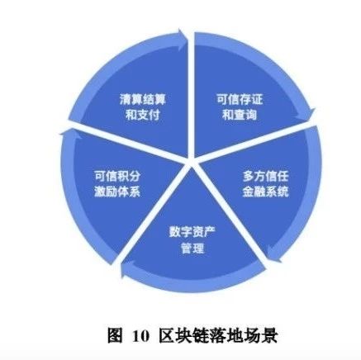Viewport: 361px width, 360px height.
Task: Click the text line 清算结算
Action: [x=142, y=99]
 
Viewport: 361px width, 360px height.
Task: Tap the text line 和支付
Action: [x=142, y=115]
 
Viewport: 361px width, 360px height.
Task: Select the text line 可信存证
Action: [x=240, y=99]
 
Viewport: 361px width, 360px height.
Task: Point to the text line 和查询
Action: [x=240, y=115]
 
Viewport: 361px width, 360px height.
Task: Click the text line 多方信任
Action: [x=265, y=176]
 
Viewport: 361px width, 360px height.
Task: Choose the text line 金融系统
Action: [x=265, y=192]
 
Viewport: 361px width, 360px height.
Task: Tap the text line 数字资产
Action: [x=192, y=233]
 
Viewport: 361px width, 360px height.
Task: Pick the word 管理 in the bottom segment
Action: [x=192, y=248]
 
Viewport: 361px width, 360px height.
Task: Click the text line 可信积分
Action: [x=117, y=176]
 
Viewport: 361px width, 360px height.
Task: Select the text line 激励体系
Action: [x=117, y=192]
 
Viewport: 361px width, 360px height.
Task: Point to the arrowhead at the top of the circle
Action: [x=183, y=39]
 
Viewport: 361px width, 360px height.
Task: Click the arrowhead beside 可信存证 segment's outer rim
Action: [x=307, y=113]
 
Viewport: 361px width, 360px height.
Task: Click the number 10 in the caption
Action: [x=141, y=336]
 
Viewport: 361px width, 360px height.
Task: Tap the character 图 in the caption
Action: [x=115, y=335]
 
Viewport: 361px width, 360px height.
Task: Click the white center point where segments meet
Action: [x=192, y=163]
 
